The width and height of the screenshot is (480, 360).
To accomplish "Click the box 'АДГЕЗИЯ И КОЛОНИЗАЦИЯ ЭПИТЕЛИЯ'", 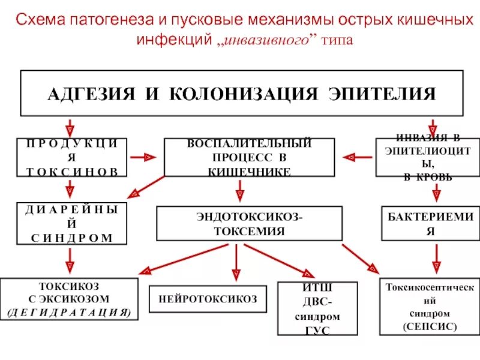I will point(242,93).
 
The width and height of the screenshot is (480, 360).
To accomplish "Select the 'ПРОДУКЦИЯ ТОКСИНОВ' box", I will point(71,157).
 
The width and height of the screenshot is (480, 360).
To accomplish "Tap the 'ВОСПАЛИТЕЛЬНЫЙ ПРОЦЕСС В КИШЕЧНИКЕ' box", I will point(249,157).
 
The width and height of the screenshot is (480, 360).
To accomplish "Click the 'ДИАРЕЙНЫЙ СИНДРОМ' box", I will point(71,223).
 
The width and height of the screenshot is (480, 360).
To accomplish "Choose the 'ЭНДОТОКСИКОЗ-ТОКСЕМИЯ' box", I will point(249,223).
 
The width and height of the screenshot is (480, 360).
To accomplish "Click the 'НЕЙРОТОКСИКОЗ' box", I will point(208,298).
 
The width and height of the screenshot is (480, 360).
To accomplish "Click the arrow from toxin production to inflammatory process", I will point(142,157).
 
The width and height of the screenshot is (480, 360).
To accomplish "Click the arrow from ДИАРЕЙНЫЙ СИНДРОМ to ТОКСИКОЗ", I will point(70,259).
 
